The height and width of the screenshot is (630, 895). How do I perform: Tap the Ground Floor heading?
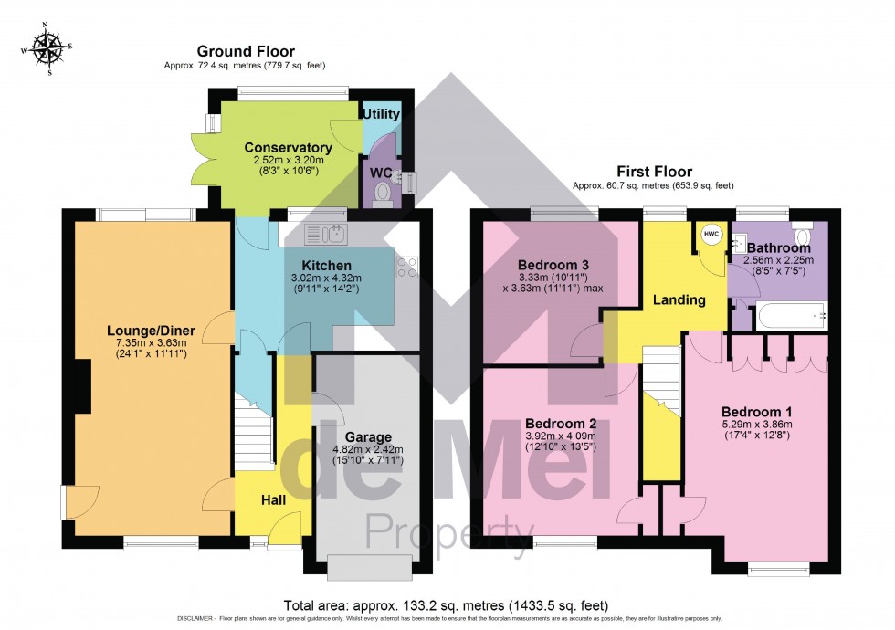pos(246,51)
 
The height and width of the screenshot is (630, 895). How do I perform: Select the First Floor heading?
pos(653,171)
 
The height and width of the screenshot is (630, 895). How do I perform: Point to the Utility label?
pos(381,114)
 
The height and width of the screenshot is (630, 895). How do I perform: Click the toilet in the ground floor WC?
pos(382,193)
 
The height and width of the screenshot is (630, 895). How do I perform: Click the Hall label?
pos(273,500)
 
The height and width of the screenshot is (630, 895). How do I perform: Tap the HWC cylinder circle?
pos(711,234)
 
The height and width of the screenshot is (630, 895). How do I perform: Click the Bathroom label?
pos(778,247)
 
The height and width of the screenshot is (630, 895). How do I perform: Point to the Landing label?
pos(679,299)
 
